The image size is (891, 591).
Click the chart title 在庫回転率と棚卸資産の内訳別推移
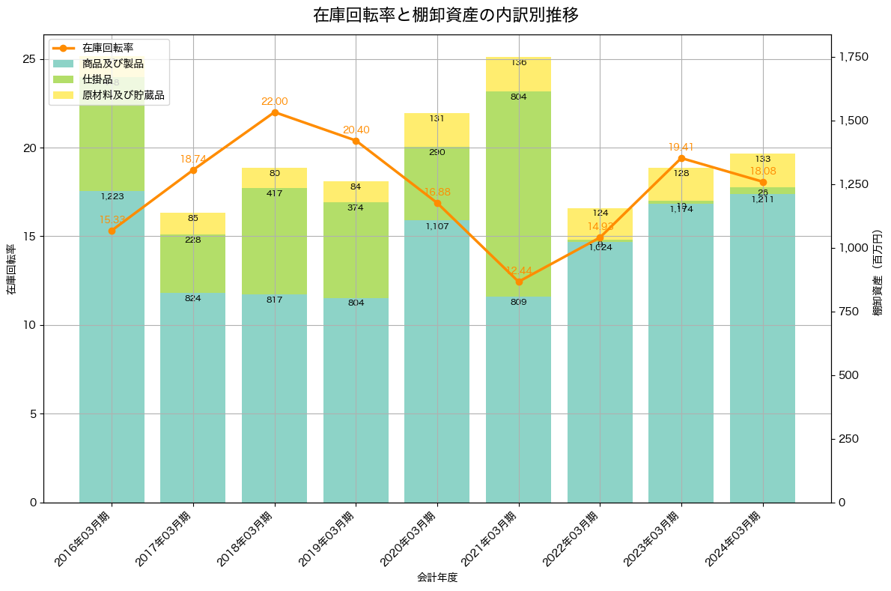[445, 15]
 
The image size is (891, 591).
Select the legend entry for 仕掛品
[97, 79]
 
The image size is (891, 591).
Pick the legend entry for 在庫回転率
[108, 48]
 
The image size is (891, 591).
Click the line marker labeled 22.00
[275, 112]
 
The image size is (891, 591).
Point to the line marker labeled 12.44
[519, 282]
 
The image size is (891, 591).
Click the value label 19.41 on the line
[682, 148]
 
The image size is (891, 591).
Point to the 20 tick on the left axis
[28, 148]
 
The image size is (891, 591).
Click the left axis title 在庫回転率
[10, 270]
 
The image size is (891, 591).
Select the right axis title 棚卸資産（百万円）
[878, 270]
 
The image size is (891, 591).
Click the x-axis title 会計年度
[437, 578]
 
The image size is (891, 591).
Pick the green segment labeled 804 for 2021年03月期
[519, 193]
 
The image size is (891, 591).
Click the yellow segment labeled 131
[437, 130]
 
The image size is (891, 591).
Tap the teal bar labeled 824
[193, 397]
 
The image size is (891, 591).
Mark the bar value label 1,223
[112, 197]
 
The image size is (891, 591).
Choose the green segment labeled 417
[275, 241]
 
